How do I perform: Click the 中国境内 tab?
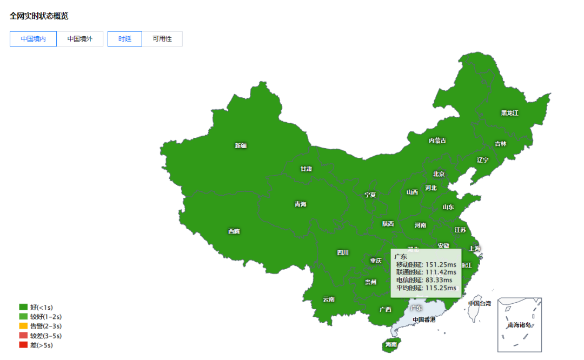(33, 39)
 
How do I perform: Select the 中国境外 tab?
(79, 39)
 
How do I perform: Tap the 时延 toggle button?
(124, 39)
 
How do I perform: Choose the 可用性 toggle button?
(162, 39)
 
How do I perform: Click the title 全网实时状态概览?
(39, 16)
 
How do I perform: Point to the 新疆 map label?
(241, 145)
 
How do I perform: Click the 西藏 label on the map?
(234, 231)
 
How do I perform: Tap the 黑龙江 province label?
(509, 113)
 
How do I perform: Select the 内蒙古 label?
(437, 141)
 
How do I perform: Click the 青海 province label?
(300, 204)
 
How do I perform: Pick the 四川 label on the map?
(343, 252)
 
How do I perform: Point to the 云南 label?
(329, 299)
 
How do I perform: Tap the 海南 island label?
(391, 344)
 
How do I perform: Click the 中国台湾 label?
(479, 303)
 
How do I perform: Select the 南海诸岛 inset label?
(519, 325)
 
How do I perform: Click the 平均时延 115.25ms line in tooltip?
(426, 288)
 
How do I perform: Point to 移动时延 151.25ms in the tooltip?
(426, 265)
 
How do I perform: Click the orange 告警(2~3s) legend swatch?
(23, 326)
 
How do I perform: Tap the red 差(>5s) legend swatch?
(23, 345)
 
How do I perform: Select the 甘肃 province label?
(306, 169)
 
